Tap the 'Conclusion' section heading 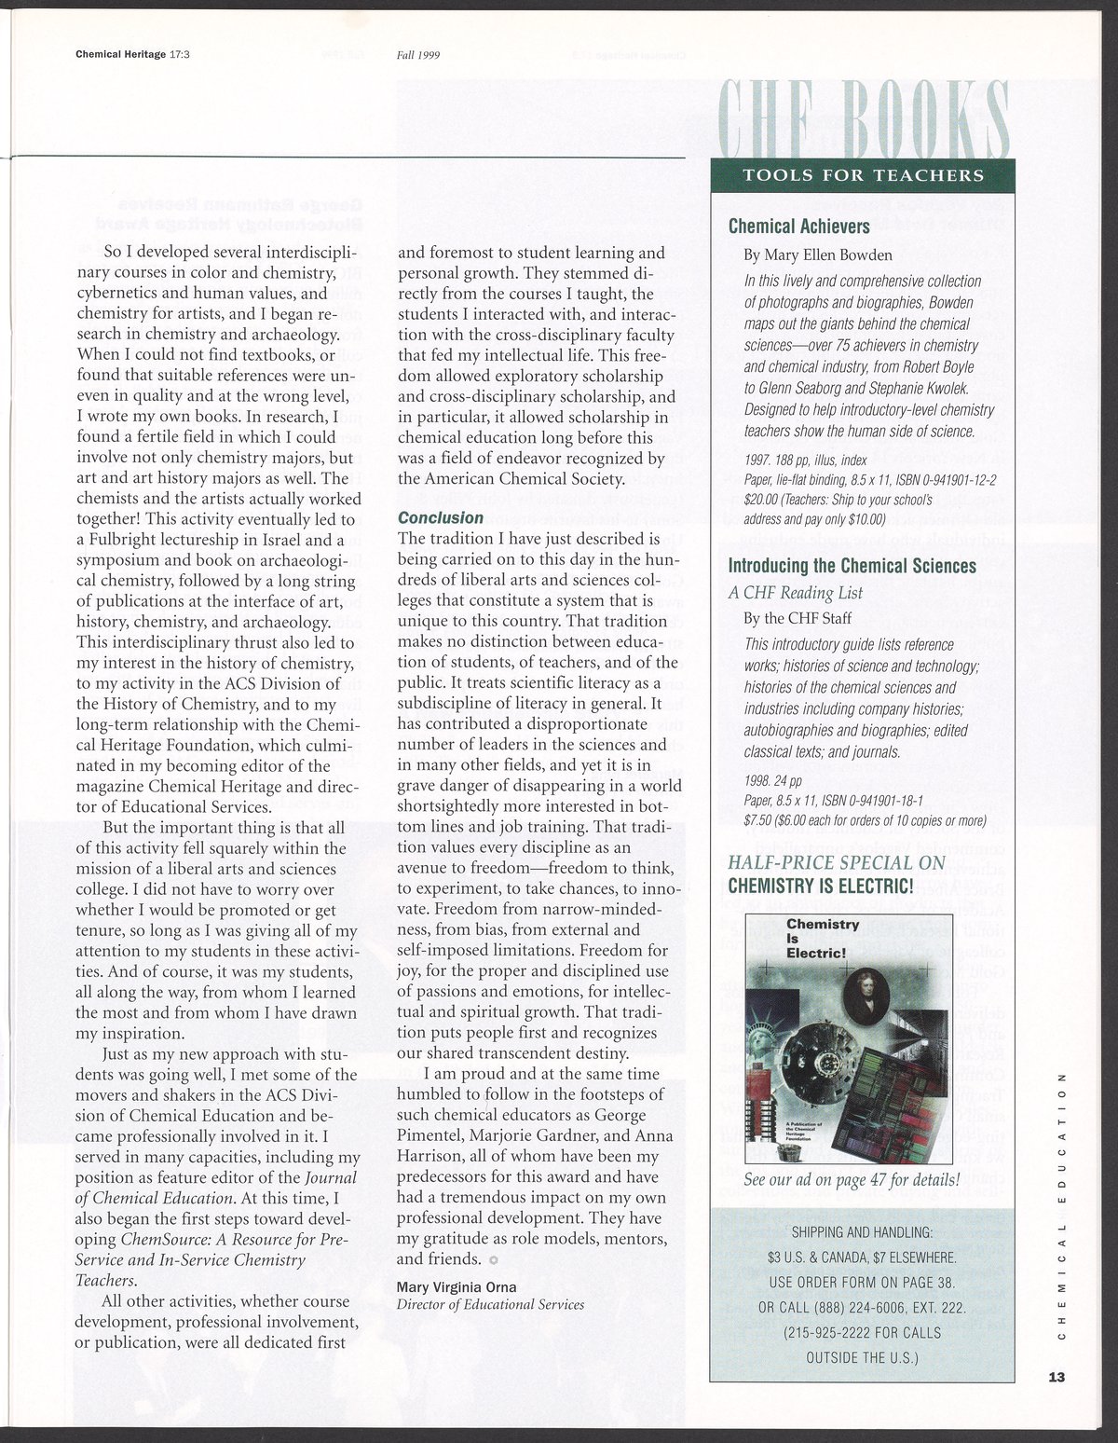441,517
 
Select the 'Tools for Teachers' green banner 862,175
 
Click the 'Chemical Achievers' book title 798,226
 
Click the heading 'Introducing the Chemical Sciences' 852,566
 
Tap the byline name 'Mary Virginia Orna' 457,1287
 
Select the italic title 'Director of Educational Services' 491,1305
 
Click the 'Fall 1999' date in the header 417,54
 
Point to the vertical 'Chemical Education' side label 1062,1202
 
